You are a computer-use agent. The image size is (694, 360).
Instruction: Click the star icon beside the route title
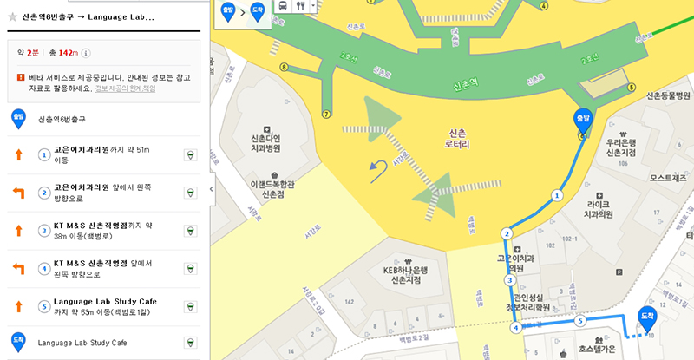12,16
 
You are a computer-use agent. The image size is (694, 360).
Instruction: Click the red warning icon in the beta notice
20,77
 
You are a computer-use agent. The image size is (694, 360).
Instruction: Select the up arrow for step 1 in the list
17,155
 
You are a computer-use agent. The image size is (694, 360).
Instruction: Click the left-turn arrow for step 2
17,193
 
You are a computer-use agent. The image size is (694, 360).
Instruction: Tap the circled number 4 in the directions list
44,268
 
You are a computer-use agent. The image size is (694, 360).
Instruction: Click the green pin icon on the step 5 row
189,306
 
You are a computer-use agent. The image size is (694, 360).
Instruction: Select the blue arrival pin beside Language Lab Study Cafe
17,342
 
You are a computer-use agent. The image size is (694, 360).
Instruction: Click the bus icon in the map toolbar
283,5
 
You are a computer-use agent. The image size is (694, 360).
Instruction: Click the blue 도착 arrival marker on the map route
646,319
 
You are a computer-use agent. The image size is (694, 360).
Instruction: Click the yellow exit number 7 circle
326,114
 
